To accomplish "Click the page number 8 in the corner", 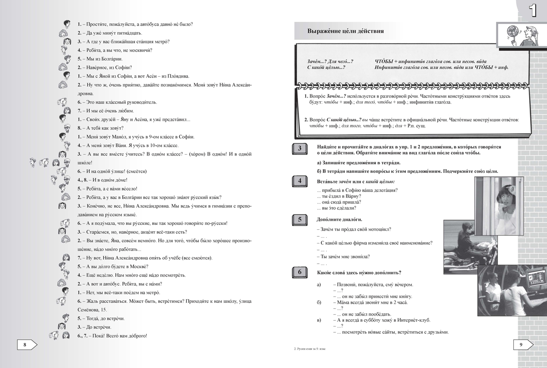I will pyautogui.click(x=24, y=345).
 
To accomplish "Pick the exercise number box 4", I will pyautogui.click(x=299, y=181).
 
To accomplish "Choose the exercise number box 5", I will pyautogui.click(x=299, y=220).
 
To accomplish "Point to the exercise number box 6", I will pyautogui.click(x=299, y=273).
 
